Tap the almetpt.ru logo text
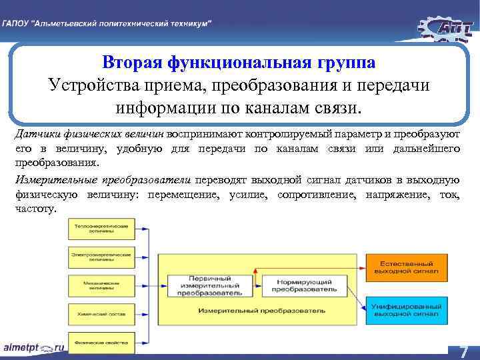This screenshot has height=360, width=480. pos(33,348)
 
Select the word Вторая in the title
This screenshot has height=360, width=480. pos(135,63)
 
